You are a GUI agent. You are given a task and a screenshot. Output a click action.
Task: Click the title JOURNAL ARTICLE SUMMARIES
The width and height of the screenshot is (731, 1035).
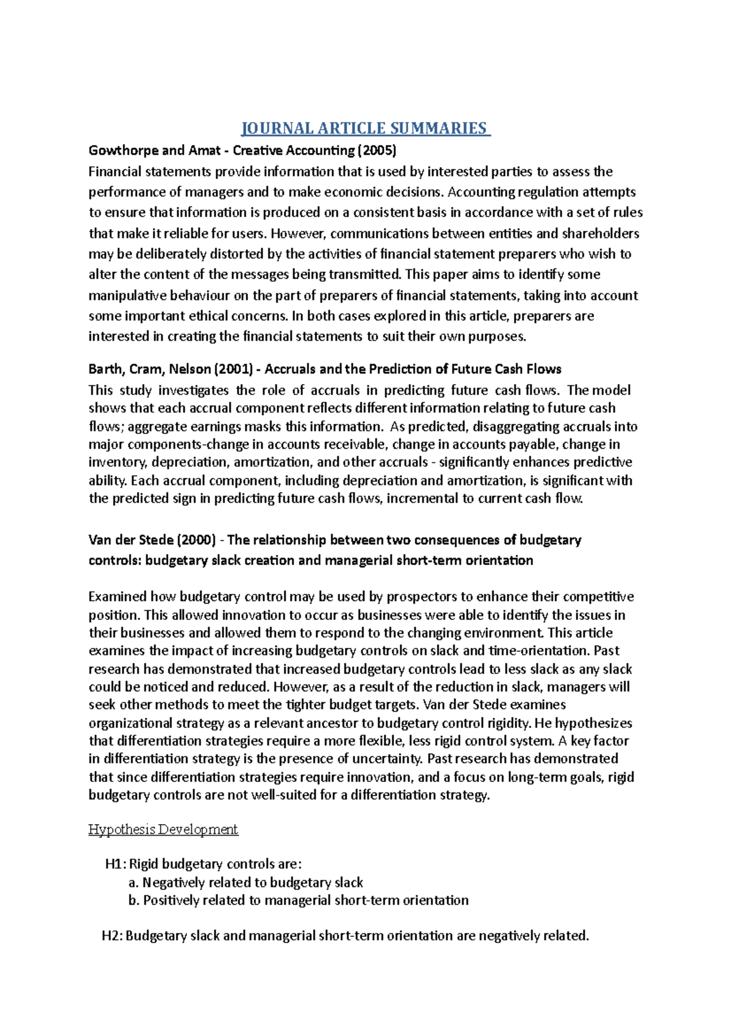pyautogui.click(x=365, y=128)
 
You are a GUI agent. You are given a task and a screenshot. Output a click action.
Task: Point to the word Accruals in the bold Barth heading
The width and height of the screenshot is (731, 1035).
pyautogui.click(x=290, y=369)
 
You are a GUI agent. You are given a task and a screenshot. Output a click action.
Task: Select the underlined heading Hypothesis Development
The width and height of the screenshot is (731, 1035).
pyautogui.click(x=163, y=830)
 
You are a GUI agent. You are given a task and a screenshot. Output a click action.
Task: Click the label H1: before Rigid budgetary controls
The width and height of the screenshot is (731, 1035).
pyautogui.click(x=115, y=864)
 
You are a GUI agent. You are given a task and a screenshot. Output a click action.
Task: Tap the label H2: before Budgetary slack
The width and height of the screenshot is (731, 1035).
pyautogui.click(x=112, y=936)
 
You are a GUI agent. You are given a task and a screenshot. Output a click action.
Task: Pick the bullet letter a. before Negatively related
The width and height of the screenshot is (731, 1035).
pyautogui.click(x=134, y=883)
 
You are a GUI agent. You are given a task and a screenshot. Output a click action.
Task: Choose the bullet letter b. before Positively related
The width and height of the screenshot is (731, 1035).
pyautogui.click(x=134, y=900)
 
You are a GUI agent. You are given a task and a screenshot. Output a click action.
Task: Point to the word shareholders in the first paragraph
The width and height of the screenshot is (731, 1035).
pyautogui.click(x=600, y=233)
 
